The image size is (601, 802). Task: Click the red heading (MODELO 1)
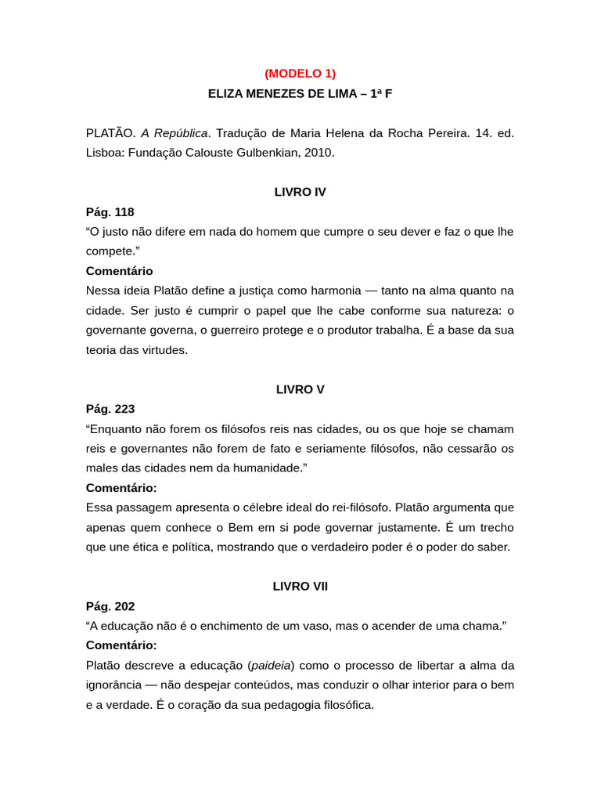pyautogui.click(x=300, y=73)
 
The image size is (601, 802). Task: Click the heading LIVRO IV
pyautogui.click(x=300, y=192)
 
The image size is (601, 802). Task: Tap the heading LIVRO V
pyautogui.click(x=300, y=389)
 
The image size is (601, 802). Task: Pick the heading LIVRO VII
pyautogui.click(x=300, y=586)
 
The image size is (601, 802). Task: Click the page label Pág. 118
pyautogui.click(x=110, y=211)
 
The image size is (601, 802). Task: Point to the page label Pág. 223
pyautogui.click(x=110, y=409)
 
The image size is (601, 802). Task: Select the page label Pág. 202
pyautogui.click(x=110, y=606)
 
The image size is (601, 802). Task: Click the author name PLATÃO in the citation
pyautogui.click(x=110, y=132)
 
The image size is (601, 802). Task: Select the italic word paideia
pyautogui.click(x=271, y=665)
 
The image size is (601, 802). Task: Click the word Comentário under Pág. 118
pyautogui.click(x=119, y=271)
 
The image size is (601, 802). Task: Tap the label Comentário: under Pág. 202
pyautogui.click(x=121, y=645)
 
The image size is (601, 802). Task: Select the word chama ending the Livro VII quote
pyautogui.click(x=484, y=626)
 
